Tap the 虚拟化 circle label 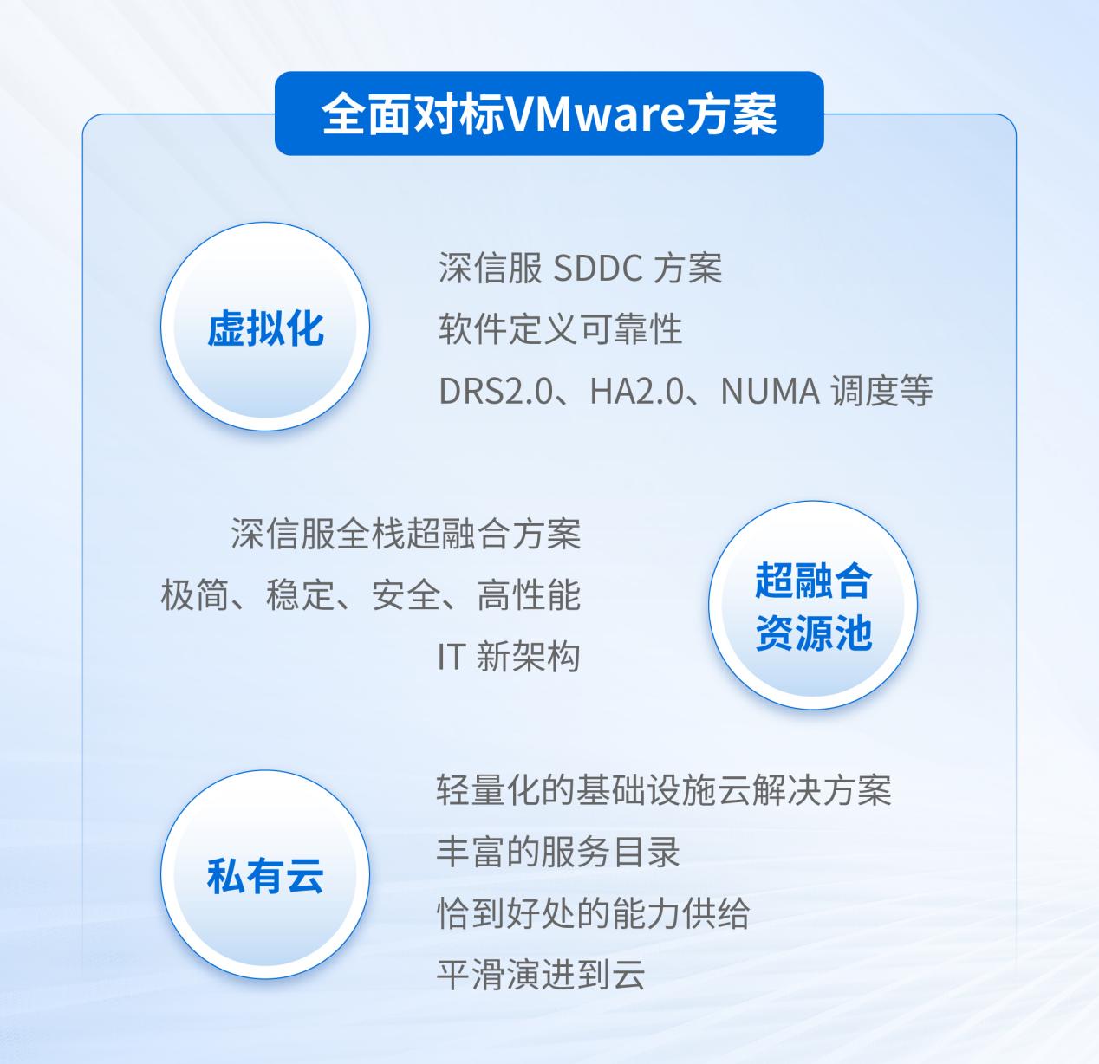(265, 328)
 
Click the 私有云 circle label (265, 876)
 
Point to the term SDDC (597, 268)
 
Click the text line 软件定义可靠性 (560, 329)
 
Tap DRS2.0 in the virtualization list (495, 391)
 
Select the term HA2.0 (636, 391)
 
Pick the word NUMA (771, 391)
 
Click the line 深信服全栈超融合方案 (406, 534)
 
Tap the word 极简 (195, 595)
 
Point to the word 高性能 (529, 595)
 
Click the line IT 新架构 (509, 657)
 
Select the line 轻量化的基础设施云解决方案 (664, 790)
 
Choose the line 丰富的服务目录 (558, 852)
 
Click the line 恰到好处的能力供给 (593, 913)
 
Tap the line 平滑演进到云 (541, 975)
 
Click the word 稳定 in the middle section (300, 595)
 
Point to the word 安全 (406, 595)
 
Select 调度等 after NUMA (881, 391)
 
